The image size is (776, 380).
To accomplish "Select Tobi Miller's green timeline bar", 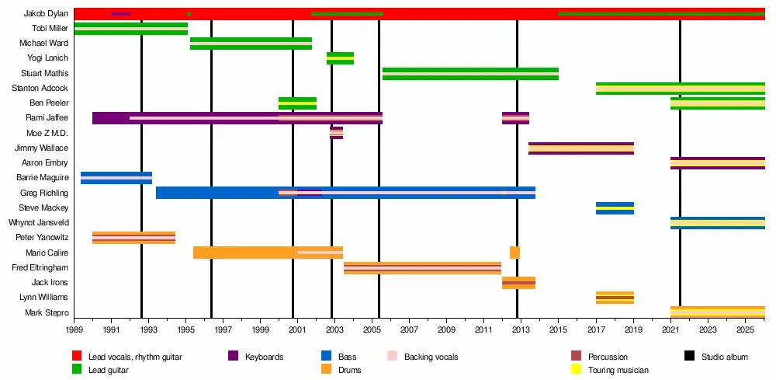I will pos(130,29).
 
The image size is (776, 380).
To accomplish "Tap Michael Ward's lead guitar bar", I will pos(251,44).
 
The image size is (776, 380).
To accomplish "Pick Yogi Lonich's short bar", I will pos(340,58).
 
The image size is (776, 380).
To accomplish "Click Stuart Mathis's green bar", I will pos(470,74).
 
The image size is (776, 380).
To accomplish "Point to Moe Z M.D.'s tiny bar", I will pos(336,133).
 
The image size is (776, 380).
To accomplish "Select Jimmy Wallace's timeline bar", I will pos(581,148).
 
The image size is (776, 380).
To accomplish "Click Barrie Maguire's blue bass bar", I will pos(116,178).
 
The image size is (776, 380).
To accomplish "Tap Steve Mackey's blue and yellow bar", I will pos(615,208).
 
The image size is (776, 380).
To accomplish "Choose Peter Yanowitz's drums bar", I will pos(133,238).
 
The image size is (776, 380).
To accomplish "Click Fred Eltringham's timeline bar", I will pos(422,268).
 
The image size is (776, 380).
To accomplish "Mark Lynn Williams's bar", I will pos(615,298).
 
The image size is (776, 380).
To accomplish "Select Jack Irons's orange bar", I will pos(518,283).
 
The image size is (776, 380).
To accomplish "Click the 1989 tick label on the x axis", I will pos(74,330).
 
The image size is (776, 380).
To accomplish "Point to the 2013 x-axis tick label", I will pos(520,330).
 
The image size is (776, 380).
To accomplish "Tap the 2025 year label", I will pos(745,330).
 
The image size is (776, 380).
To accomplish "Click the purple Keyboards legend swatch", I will pos(233,357).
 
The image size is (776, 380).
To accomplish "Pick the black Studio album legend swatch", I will pos(689,357).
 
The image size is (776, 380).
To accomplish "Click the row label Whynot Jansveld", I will pos(38,223).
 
